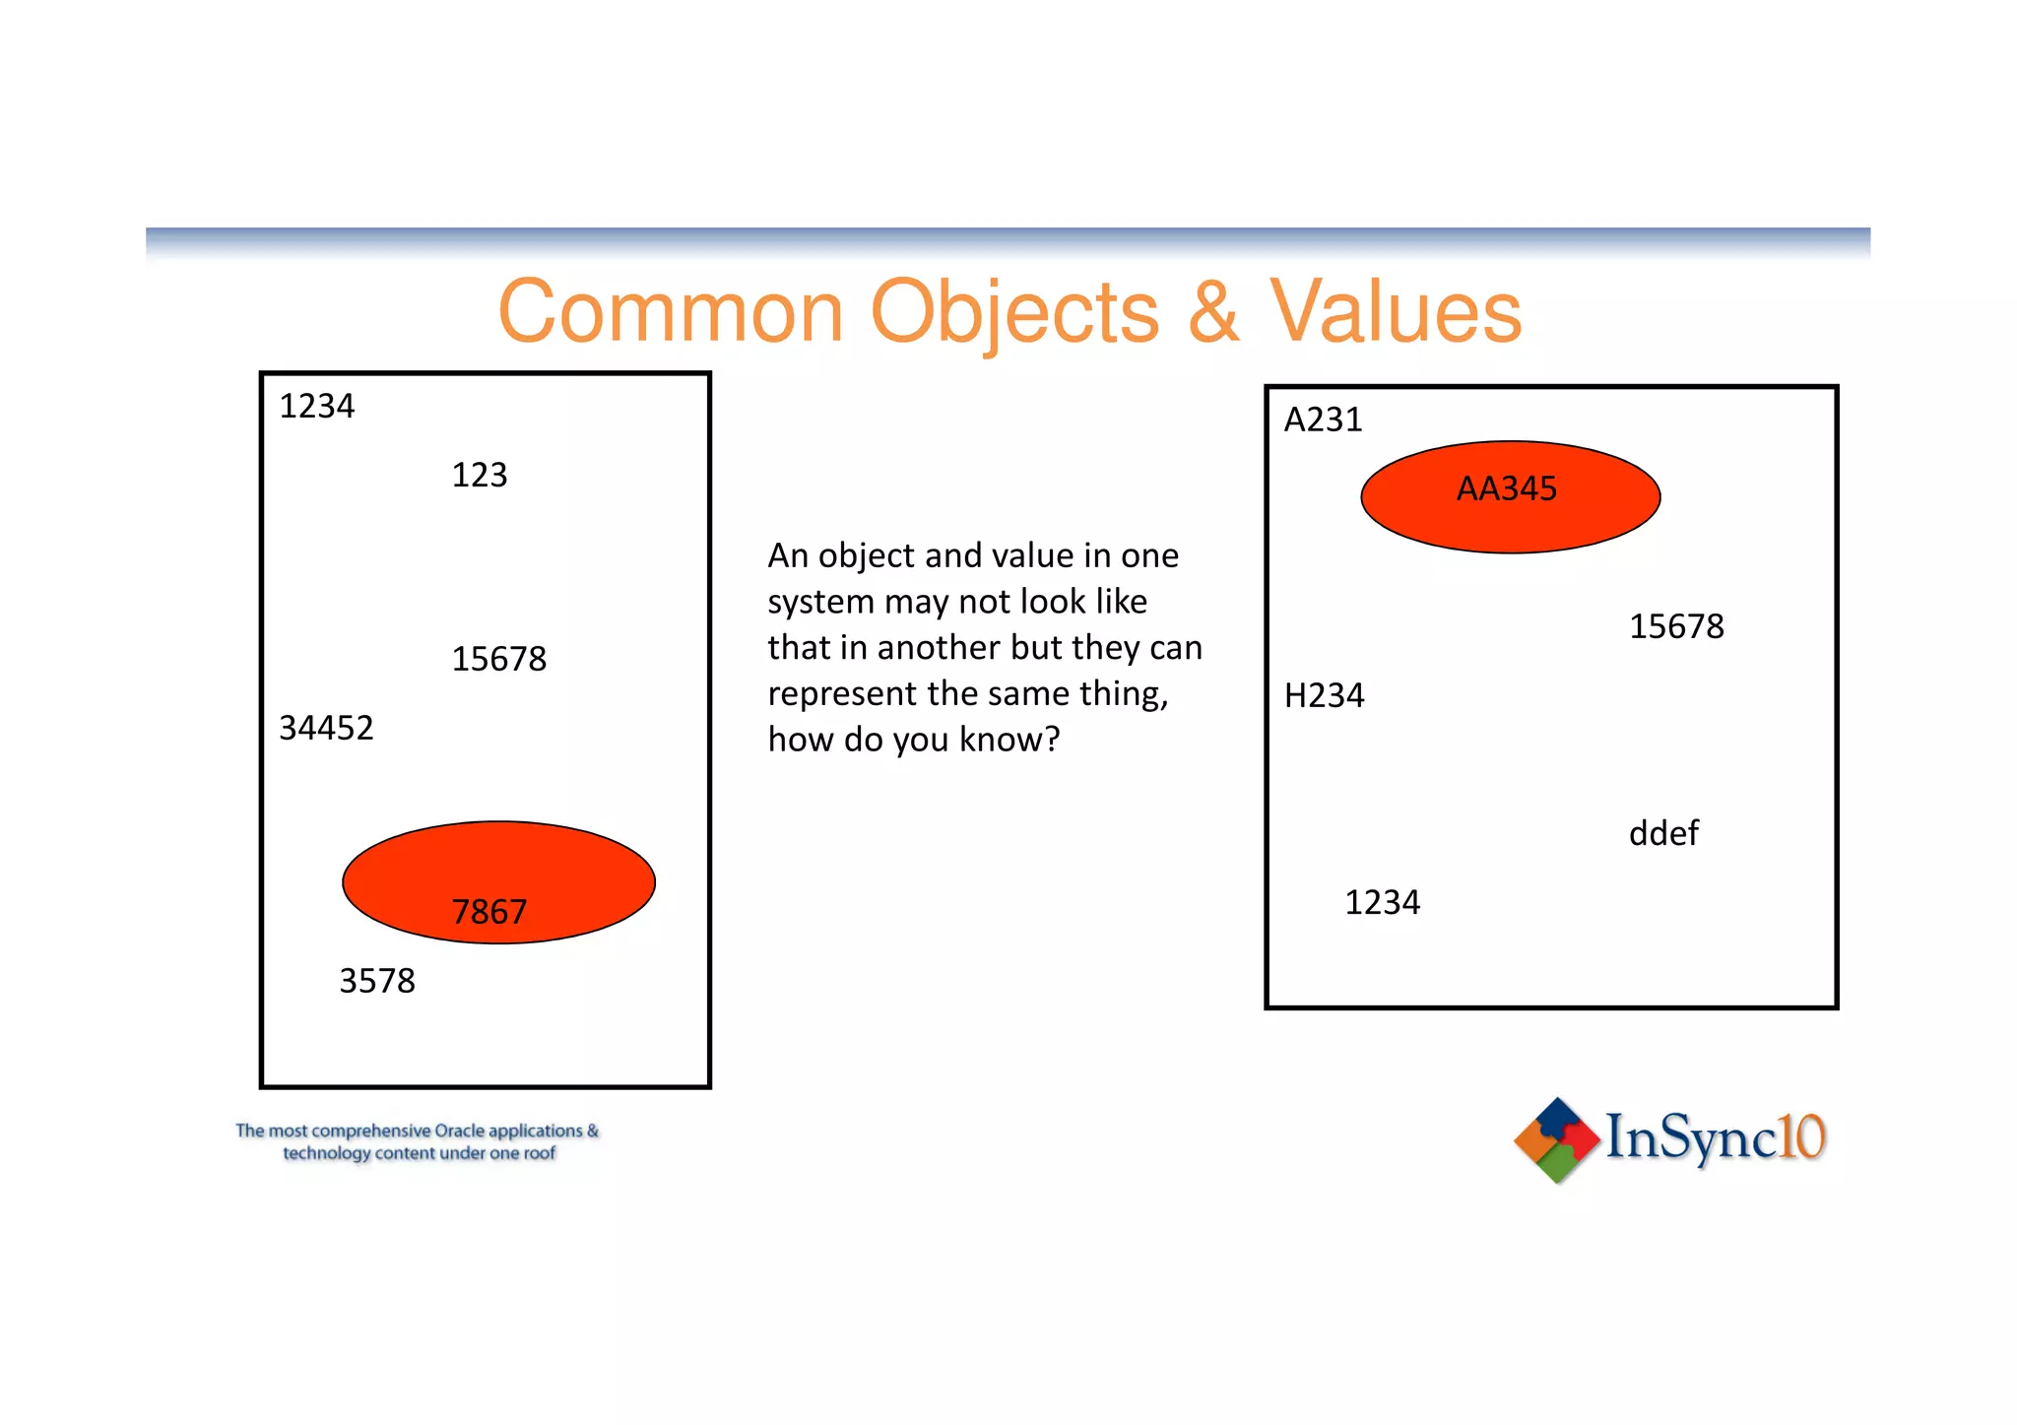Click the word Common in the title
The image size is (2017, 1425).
[671, 312]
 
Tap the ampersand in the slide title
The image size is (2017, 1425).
[1212, 312]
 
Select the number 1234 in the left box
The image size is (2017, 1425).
[316, 407]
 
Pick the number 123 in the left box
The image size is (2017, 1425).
[479, 476]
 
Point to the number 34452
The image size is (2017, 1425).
[326, 729]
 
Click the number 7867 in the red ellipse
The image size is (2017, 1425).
[489, 912]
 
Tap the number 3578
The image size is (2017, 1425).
[376, 982]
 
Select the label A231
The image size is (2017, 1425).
[1323, 421]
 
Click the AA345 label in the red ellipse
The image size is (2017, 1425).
[1507, 489]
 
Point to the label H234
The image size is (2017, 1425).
[1324, 696]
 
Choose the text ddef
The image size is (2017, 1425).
[1663, 834]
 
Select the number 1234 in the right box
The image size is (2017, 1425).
[1382, 903]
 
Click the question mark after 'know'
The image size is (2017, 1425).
[1053, 740]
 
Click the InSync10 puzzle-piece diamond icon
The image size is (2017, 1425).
[1556, 1139]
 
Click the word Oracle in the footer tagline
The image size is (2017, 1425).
[459, 1131]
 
